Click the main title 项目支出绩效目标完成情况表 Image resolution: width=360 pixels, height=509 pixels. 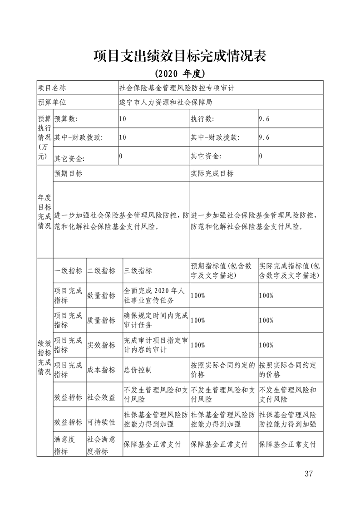pos(180,56)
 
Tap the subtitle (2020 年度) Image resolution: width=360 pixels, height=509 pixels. pos(180,73)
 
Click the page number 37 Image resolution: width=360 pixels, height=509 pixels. pos(309,474)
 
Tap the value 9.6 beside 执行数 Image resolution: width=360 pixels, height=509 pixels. pos(264,119)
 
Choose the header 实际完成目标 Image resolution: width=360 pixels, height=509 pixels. pos(212,174)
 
